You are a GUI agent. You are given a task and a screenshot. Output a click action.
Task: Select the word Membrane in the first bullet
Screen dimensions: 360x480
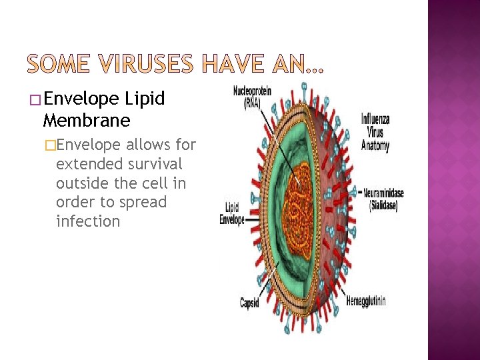click(x=86, y=121)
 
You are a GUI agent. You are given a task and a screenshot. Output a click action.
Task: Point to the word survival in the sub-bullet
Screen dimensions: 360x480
click(x=156, y=163)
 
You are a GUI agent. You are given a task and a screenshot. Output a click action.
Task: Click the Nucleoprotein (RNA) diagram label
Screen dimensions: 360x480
click(x=251, y=96)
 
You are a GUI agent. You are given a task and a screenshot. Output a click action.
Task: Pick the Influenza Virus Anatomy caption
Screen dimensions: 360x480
click(x=375, y=133)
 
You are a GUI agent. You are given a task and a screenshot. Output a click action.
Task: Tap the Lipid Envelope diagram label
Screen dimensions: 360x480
click(x=233, y=213)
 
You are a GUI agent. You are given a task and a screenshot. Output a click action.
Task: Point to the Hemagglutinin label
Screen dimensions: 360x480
click(x=365, y=301)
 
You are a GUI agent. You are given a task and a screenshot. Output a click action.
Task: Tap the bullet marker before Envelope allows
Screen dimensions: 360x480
click(x=49, y=145)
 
